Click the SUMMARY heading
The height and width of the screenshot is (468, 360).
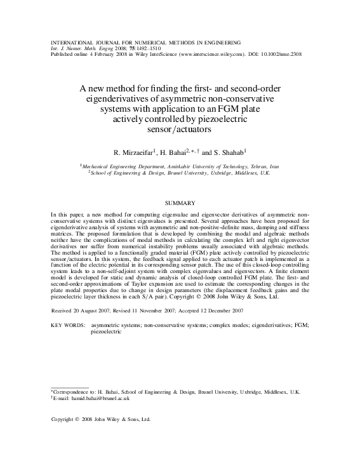click(x=180, y=203)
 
